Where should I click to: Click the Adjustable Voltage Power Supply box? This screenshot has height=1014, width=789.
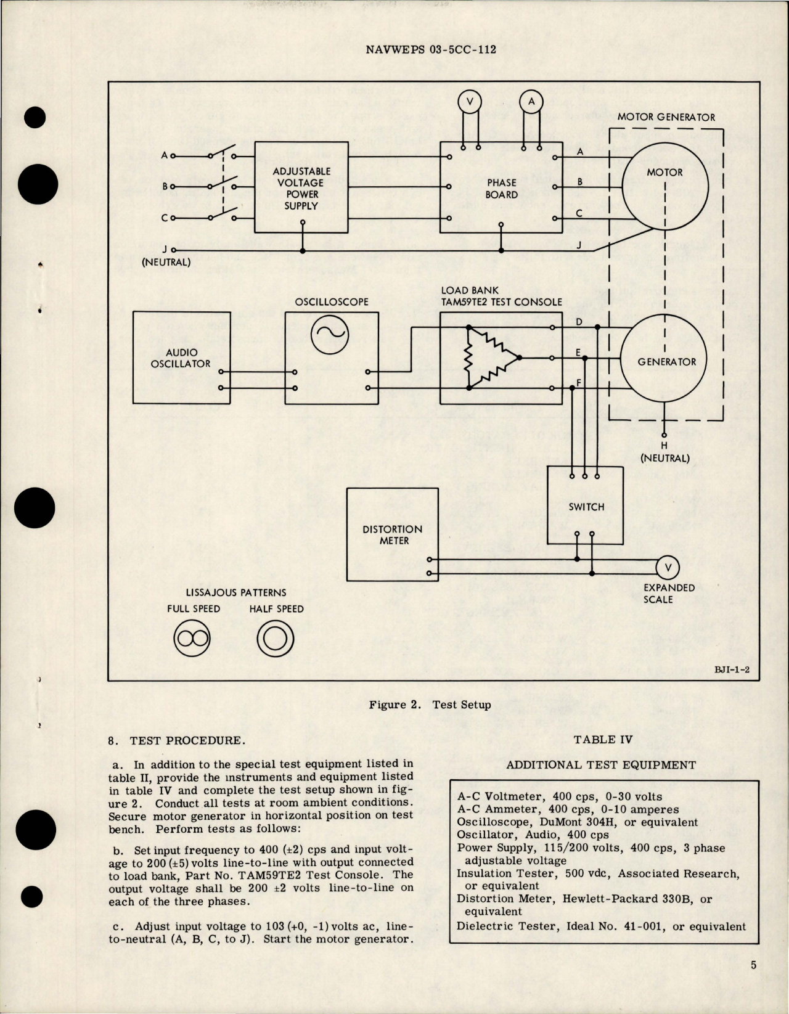[301, 187]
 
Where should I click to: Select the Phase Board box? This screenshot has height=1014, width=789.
[501, 188]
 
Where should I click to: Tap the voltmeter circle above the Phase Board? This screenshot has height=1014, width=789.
[470, 102]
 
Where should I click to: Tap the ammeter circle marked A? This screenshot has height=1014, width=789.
[531, 102]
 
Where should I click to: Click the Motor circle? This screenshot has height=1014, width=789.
[664, 186]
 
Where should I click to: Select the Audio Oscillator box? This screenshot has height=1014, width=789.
[181, 358]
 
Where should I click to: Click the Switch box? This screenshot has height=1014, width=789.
[586, 506]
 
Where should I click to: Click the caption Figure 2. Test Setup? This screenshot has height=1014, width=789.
[430, 705]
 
